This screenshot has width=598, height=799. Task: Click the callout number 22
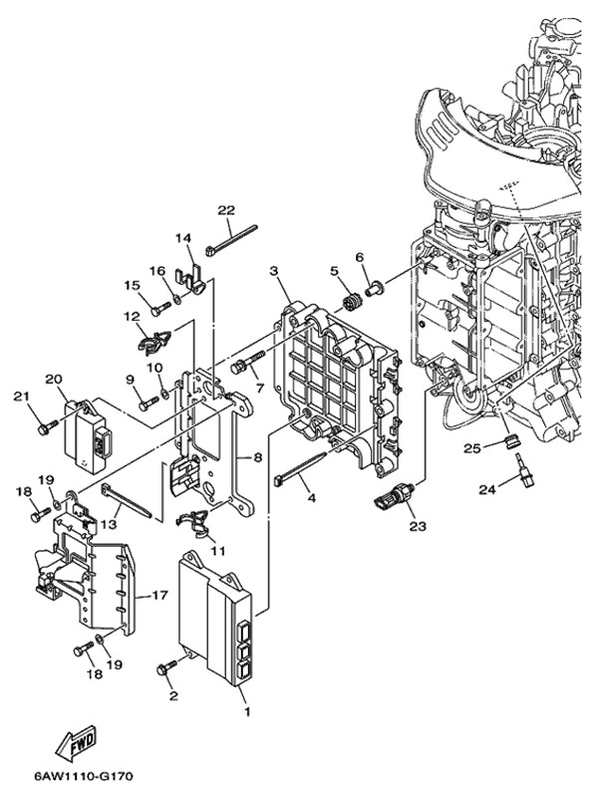(x=226, y=209)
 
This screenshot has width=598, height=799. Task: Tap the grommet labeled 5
(x=350, y=302)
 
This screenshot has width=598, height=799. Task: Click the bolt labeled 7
(x=245, y=365)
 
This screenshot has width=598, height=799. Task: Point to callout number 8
(x=256, y=458)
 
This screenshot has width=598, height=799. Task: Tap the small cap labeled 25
(x=508, y=439)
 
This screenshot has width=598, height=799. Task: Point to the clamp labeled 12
(x=149, y=341)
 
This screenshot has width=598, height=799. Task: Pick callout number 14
(x=182, y=237)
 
